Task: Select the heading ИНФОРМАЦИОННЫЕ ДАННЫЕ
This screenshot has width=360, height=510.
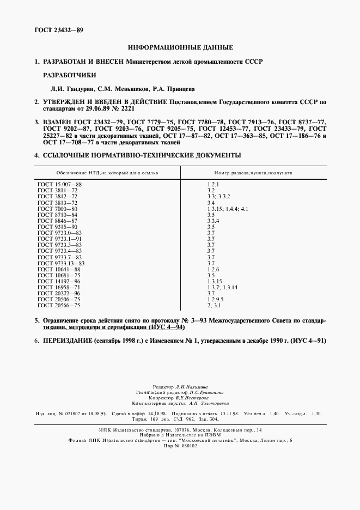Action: [x=180, y=48]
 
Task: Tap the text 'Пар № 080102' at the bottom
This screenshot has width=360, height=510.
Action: [x=180, y=446]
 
